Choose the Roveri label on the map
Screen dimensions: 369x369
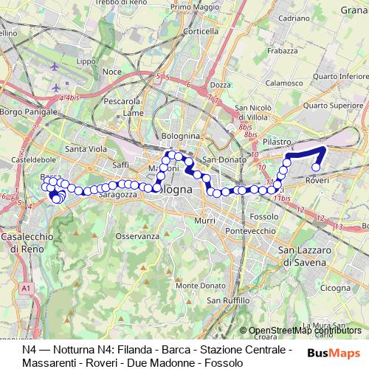pos(317,179)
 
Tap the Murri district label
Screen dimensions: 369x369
pos(205,220)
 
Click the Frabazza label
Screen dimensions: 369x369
pos(282,51)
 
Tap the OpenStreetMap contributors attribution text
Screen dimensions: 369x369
pos(305,330)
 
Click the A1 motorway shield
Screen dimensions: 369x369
pos(27,287)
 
